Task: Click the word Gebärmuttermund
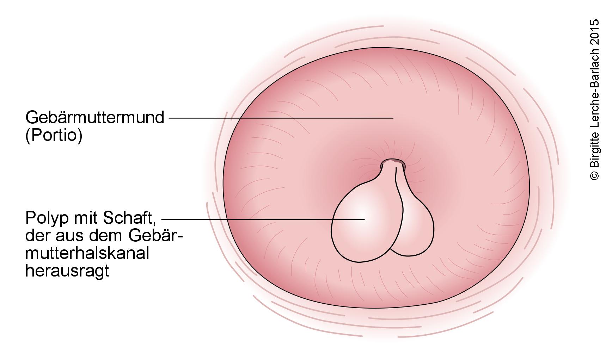pyautogui.click(x=95, y=118)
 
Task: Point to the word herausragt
pyautogui.click(x=67, y=271)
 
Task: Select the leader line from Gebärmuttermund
pyautogui.click(x=281, y=118)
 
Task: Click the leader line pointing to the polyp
pyautogui.click(x=263, y=219)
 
